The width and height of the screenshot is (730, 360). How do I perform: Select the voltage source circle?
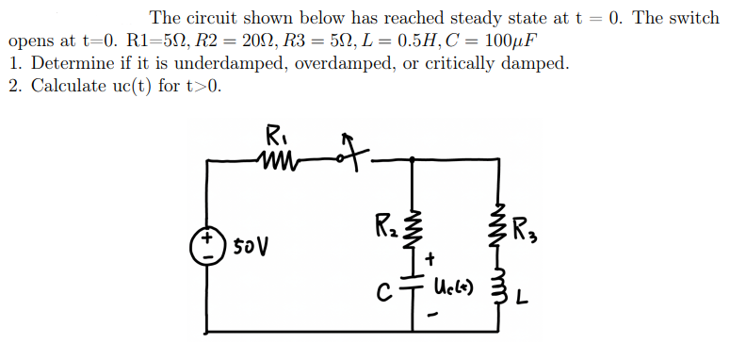point(206,246)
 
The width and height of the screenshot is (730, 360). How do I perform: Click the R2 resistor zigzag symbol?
point(410,226)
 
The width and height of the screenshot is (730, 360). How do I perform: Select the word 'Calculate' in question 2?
point(71,87)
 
